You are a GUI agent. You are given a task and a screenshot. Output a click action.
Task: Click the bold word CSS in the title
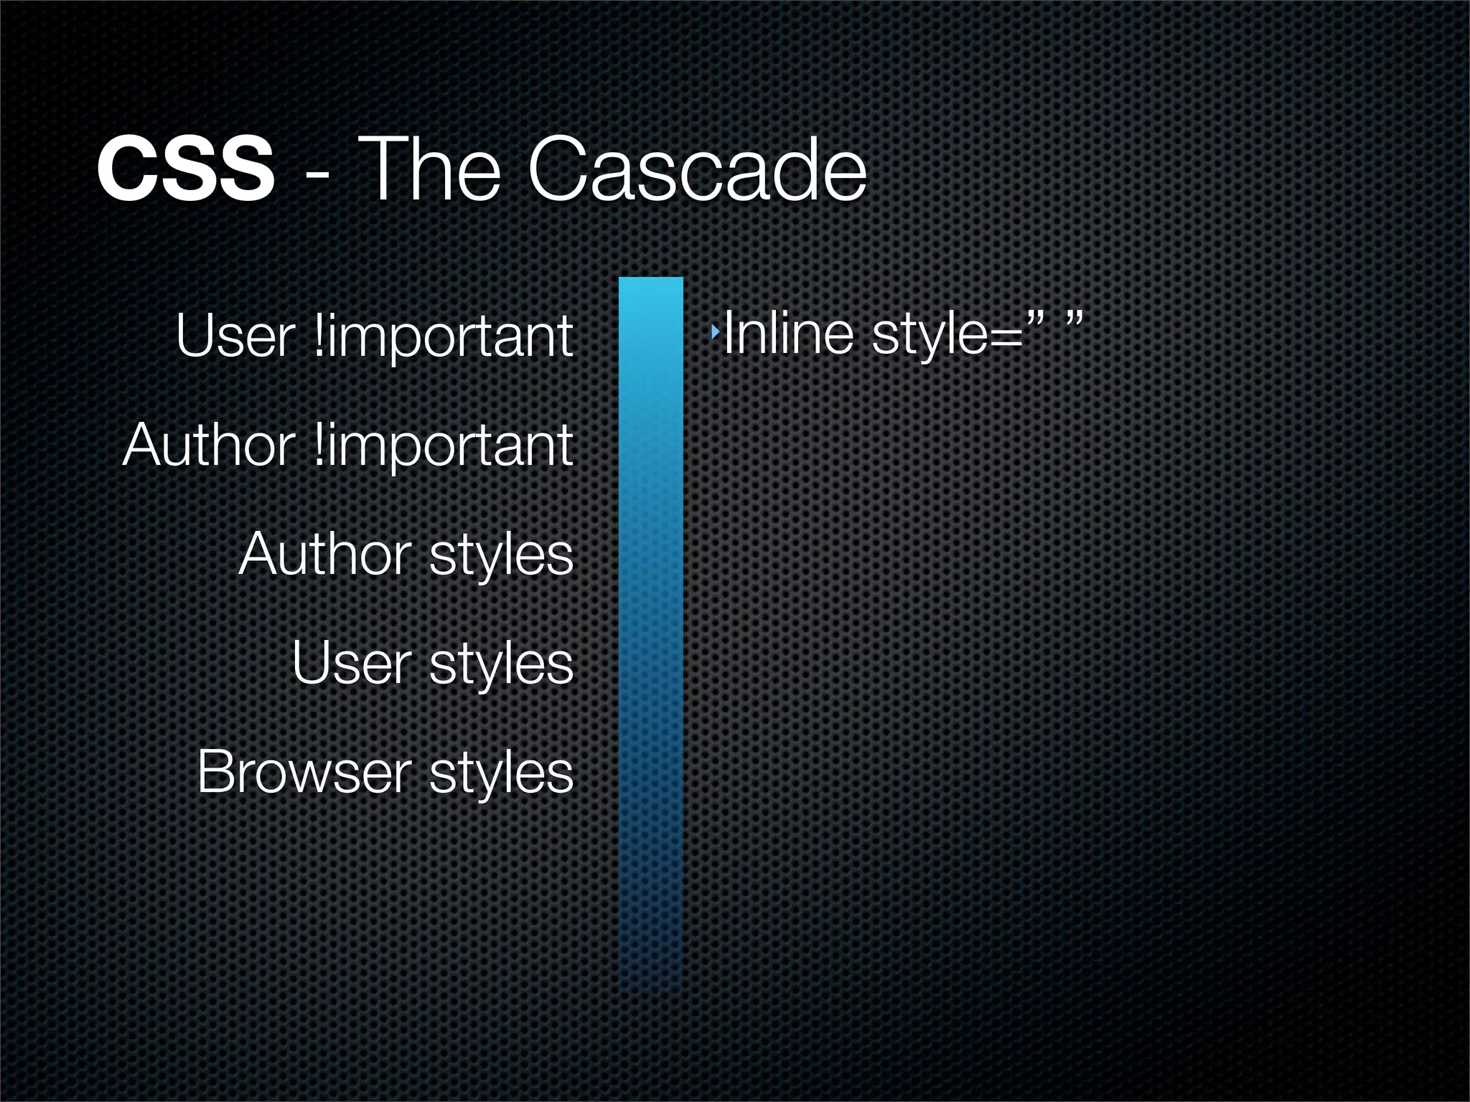tap(185, 172)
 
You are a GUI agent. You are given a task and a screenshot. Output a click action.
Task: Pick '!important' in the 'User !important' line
tap(444, 337)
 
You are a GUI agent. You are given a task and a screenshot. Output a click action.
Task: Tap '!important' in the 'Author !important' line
tap(444, 446)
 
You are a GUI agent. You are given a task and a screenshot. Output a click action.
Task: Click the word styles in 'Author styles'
tap(501, 557)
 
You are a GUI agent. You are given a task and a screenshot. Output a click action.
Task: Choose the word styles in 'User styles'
tap(501, 666)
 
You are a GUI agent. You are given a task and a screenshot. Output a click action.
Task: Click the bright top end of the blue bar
tap(650, 287)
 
